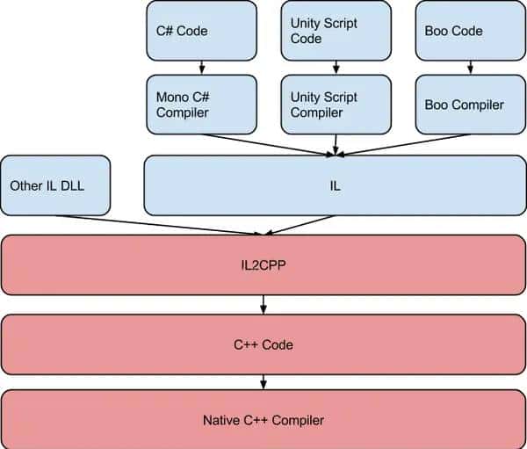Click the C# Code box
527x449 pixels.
click(x=201, y=31)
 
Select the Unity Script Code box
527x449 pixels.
click(x=336, y=31)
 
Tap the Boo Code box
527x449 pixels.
click(x=471, y=31)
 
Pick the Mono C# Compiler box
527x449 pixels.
click(x=201, y=105)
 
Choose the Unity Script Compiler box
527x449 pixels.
click(x=336, y=105)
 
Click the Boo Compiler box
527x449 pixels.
click(x=471, y=105)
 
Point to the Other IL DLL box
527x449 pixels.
click(x=55, y=185)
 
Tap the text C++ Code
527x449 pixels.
click(x=264, y=344)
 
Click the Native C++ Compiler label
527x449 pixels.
click(x=264, y=420)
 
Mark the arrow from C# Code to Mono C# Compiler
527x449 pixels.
click(x=201, y=68)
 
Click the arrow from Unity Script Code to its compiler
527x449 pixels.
click(x=336, y=68)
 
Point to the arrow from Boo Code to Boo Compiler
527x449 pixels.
click(x=471, y=68)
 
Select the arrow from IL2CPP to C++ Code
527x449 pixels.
click(x=263, y=304)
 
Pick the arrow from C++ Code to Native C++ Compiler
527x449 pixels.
click(x=263, y=382)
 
